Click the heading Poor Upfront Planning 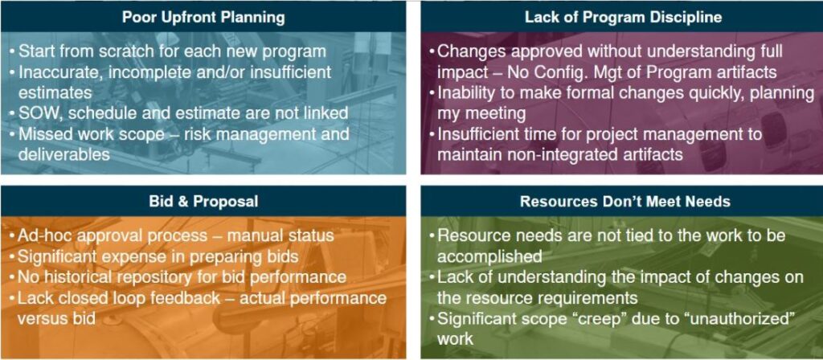pos(203,18)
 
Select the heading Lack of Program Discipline pos(623,18)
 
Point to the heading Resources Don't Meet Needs pos(623,202)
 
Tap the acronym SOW pos(37,112)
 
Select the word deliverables pos(64,154)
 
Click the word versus pos(43,318)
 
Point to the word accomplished pos(489,256)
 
